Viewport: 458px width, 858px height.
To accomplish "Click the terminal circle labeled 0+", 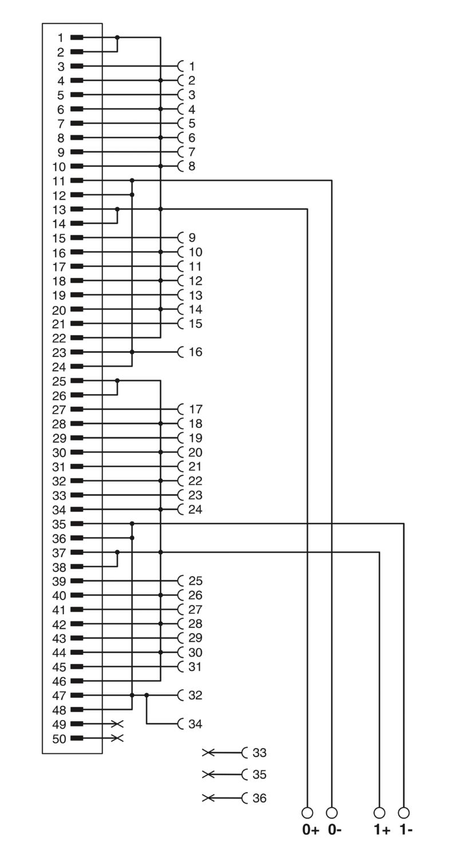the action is [x=307, y=812].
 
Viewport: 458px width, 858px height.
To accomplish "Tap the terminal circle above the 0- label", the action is [x=331, y=812].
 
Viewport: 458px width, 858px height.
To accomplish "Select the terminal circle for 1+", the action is [x=379, y=812].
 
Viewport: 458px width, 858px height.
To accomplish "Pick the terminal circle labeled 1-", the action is [x=404, y=812].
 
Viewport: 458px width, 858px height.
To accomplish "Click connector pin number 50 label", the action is [x=59, y=739].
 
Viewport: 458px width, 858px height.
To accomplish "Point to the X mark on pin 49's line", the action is [x=117, y=724].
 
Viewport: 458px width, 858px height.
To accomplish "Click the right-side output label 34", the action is [x=195, y=724].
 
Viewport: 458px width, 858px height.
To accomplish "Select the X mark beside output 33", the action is [x=208, y=753].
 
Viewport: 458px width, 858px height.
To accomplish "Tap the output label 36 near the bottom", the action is [x=259, y=799].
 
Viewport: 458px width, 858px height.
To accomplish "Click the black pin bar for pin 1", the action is [x=77, y=38].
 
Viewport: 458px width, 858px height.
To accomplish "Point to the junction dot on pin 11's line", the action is [x=132, y=180].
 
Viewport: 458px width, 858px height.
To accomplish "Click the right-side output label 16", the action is [x=195, y=352].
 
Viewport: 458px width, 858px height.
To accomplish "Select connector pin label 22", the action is [x=59, y=338].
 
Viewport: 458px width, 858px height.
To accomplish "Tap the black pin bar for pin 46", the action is [x=77, y=681].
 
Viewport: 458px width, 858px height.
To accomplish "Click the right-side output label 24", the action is [x=195, y=510].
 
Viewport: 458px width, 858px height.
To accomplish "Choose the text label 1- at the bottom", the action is [x=406, y=830].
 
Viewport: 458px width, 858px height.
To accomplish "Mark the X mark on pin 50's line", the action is [x=117, y=738].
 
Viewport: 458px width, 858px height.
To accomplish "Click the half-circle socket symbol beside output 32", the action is [x=180, y=695].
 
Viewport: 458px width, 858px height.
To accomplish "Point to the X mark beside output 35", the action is [x=208, y=775].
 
